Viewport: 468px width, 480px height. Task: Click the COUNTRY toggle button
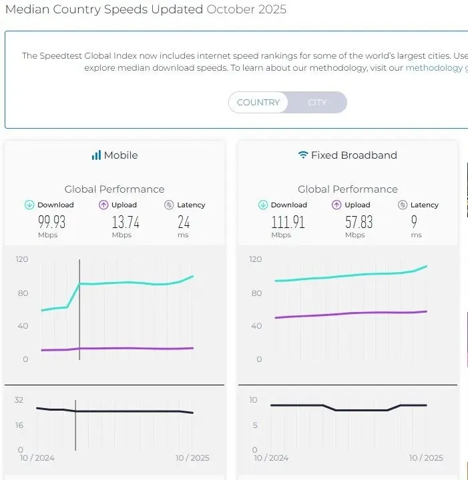click(258, 103)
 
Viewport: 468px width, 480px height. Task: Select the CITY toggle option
click(317, 103)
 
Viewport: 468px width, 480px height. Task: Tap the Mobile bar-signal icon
click(96, 155)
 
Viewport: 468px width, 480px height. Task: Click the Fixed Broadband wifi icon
click(303, 155)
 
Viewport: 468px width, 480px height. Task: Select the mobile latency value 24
click(184, 223)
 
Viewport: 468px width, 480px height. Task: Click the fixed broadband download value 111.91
click(288, 223)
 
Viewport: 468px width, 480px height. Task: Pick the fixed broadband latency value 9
click(415, 223)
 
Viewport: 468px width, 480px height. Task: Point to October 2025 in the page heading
click(246, 10)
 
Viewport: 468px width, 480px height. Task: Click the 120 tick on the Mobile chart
click(22, 259)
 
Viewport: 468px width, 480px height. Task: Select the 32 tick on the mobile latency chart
click(19, 400)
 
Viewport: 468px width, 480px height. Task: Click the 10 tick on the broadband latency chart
click(254, 400)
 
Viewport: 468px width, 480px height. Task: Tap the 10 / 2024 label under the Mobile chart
click(37, 458)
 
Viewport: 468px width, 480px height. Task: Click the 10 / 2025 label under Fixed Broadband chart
click(425, 458)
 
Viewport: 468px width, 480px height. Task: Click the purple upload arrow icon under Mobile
click(103, 205)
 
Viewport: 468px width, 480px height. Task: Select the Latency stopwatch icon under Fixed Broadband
click(403, 205)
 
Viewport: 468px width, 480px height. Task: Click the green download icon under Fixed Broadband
click(263, 205)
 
